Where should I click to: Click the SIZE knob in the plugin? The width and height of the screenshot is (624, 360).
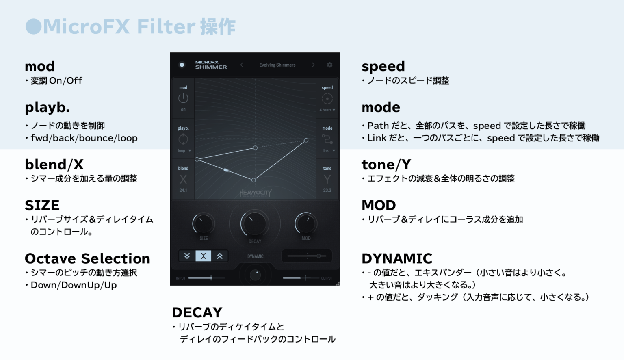[x=203, y=223]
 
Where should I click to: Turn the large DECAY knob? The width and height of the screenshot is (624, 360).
[x=255, y=223]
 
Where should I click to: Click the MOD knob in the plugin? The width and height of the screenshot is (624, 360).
[x=305, y=223]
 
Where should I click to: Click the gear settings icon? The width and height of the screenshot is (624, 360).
[x=329, y=65]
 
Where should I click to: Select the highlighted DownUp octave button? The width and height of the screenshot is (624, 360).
[x=203, y=256]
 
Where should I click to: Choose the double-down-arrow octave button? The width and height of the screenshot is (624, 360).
[x=187, y=256]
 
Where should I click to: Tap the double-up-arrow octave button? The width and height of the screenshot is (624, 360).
[x=220, y=256]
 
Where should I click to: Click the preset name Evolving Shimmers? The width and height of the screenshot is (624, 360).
[x=277, y=65]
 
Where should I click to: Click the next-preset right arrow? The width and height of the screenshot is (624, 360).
[x=313, y=65]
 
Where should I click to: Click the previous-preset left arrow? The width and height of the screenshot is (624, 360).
[x=242, y=65]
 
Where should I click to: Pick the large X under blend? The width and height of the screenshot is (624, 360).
[x=183, y=179]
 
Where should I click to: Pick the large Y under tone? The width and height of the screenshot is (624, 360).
[x=327, y=179]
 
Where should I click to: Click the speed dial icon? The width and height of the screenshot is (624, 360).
[x=327, y=99]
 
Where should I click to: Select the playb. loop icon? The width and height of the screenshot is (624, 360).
[x=183, y=139]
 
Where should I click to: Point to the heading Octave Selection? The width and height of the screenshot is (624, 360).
[x=87, y=259]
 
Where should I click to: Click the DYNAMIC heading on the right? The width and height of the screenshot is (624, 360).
[x=397, y=259]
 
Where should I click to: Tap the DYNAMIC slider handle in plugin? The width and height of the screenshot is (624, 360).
[x=319, y=256]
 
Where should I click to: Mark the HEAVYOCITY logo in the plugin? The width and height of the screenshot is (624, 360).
[x=255, y=193]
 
